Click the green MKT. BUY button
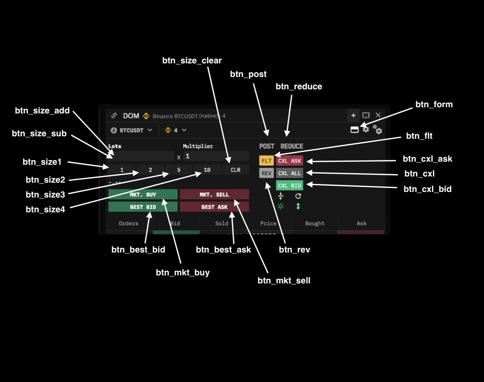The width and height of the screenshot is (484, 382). pyautogui.click(x=143, y=194)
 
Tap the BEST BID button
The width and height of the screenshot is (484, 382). pyautogui.click(x=143, y=207)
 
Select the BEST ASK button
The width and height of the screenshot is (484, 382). pyautogui.click(x=214, y=207)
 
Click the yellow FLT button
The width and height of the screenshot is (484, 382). pyautogui.click(x=266, y=161)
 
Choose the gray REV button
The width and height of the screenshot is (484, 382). pyautogui.click(x=266, y=173)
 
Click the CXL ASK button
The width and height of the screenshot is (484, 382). pyautogui.click(x=289, y=161)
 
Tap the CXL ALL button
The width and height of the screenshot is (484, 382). pyautogui.click(x=289, y=173)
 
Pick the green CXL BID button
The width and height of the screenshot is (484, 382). pyautogui.click(x=289, y=185)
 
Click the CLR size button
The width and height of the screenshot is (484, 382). pyautogui.click(x=236, y=170)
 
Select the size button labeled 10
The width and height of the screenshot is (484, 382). pyautogui.click(x=207, y=170)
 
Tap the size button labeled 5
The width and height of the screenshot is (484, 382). pyautogui.click(x=179, y=170)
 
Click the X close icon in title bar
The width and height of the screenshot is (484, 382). pyautogui.click(x=378, y=115)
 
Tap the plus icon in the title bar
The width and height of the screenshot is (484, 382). pyautogui.click(x=353, y=115)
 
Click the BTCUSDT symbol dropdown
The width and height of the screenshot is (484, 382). pyautogui.click(x=132, y=130)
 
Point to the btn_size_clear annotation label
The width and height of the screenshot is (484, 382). pyautogui.click(x=192, y=61)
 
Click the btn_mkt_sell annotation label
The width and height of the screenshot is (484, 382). pyautogui.click(x=284, y=281)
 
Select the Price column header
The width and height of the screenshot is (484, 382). pyautogui.click(x=268, y=223)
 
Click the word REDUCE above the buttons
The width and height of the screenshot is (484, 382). pyautogui.click(x=292, y=146)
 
